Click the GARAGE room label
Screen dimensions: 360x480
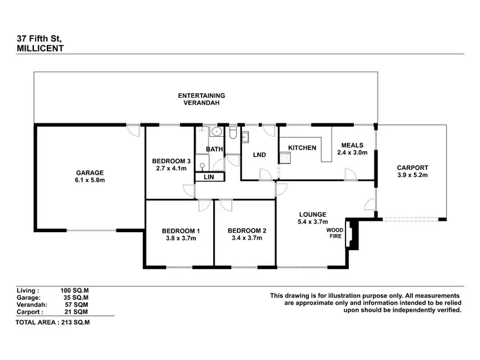tap(90, 173)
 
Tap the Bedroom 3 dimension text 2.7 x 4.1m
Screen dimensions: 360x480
tap(171, 169)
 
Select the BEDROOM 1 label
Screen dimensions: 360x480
tap(180, 230)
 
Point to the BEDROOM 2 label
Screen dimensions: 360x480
tap(246, 230)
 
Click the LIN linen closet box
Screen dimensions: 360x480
tap(209, 176)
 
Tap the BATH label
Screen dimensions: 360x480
tap(214, 150)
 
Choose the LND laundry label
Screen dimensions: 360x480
tap(260, 155)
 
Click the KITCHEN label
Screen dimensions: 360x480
tap(302, 148)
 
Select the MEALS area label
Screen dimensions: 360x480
tap(352, 145)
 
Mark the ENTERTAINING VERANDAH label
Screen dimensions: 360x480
tap(202, 98)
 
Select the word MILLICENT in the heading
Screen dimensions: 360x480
tap(40, 47)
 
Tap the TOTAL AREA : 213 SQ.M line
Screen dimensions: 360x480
tap(52, 322)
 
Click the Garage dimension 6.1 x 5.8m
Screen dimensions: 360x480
tap(90, 181)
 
